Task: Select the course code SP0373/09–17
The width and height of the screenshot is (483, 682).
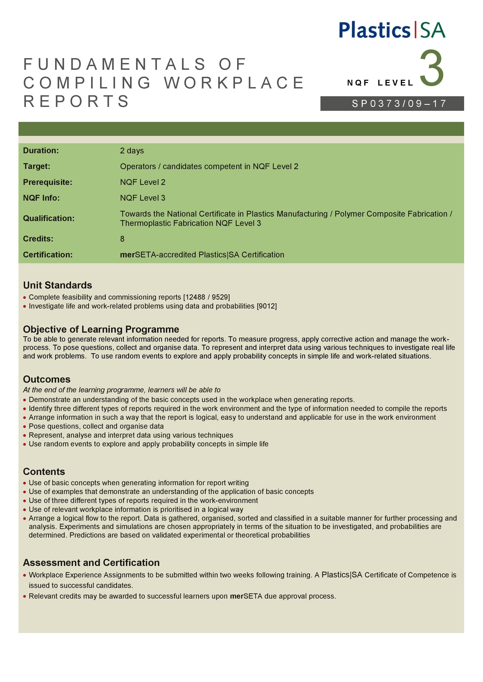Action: click(399, 104)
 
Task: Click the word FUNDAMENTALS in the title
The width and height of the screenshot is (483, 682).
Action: click(114, 65)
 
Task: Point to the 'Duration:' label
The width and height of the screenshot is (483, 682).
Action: click(41, 151)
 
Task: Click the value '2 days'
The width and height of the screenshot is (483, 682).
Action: click(132, 151)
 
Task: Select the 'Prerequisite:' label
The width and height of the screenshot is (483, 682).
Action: click(48, 182)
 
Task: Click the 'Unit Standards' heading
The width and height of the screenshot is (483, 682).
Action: click(58, 285)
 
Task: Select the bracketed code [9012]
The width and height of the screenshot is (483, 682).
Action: click(267, 306)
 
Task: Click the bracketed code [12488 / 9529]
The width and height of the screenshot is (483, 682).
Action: click(206, 297)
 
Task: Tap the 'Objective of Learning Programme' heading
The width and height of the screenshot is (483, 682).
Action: click(101, 329)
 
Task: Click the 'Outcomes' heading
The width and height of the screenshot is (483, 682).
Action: click(47, 379)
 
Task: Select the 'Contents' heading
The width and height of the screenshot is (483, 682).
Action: click(44, 472)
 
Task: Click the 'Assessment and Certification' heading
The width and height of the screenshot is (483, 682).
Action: click(91, 563)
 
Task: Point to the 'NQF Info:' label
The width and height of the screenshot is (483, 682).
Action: click(41, 198)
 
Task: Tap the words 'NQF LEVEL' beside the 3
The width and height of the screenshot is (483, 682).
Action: click(380, 83)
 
